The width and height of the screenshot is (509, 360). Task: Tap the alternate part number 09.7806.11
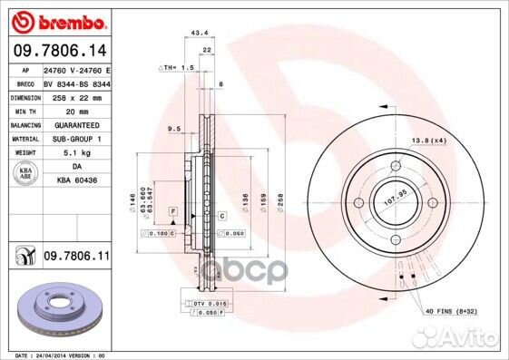(75, 258)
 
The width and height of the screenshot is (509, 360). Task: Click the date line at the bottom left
(56, 355)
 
